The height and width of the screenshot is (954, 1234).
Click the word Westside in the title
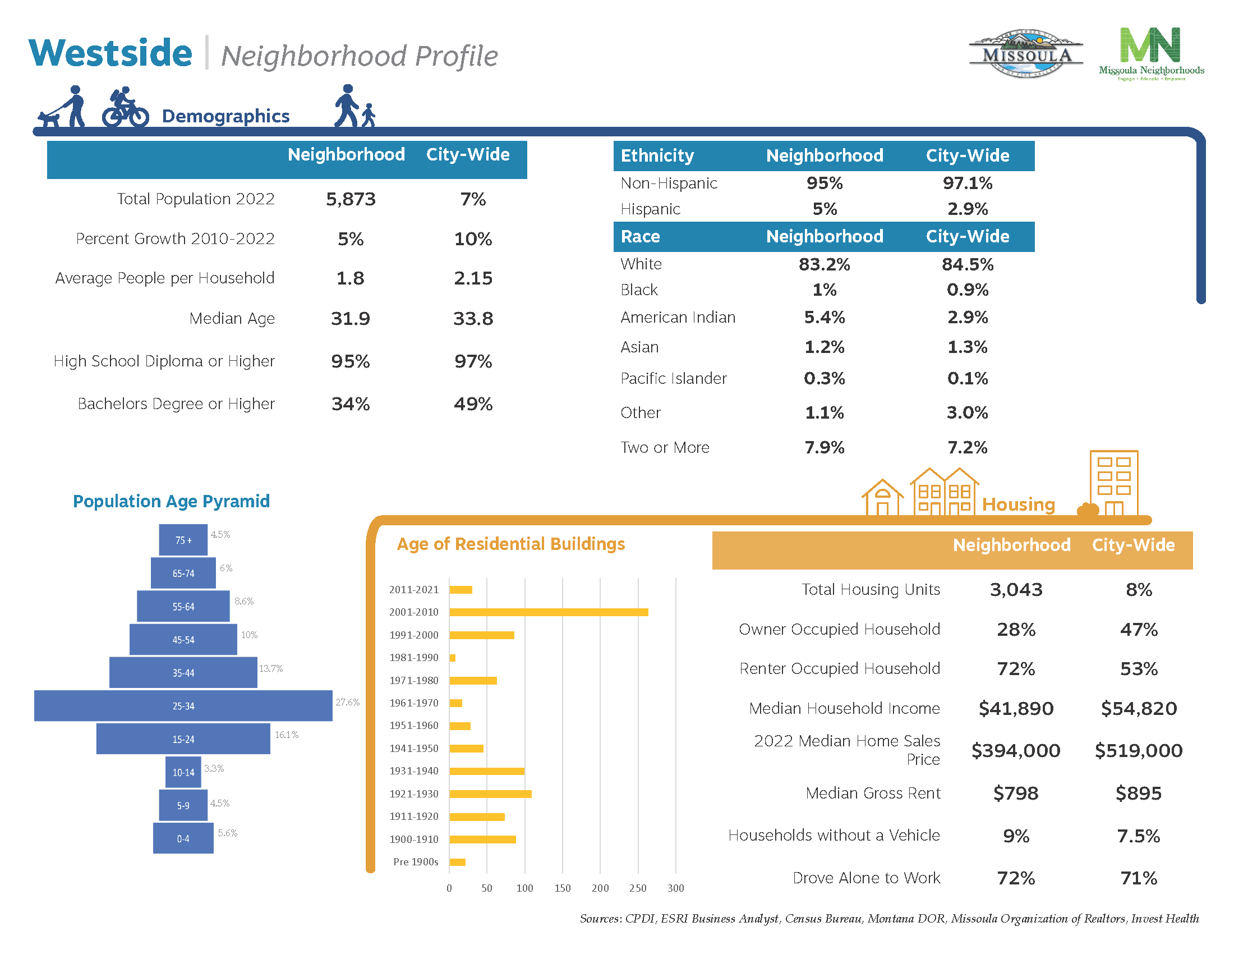(x=110, y=53)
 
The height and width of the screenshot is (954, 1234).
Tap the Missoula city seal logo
(x=1026, y=54)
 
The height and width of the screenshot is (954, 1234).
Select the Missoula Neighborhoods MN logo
(x=1151, y=53)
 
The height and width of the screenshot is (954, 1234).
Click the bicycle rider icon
(x=125, y=107)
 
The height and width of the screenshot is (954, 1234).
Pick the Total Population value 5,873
(x=351, y=199)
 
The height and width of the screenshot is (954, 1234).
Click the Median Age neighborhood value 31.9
(x=351, y=319)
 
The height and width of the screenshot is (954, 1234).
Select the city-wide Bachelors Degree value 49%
(x=473, y=404)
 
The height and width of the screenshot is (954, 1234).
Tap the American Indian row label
(x=678, y=318)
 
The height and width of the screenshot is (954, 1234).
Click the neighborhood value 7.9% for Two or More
(x=824, y=448)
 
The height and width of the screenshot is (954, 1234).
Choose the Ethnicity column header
(x=657, y=155)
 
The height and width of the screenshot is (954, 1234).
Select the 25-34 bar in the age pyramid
(x=183, y=706)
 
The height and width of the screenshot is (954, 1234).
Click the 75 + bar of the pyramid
(x=183, y=540)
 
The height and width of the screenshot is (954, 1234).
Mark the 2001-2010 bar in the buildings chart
(x=548, y=612)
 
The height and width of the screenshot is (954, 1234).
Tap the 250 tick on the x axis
(x=638, y=888)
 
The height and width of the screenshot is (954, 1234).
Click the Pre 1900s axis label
(x=415, y=862)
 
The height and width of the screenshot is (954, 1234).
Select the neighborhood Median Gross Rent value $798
(x=1015, y=793)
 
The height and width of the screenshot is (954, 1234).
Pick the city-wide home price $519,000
(x=1138, y=750)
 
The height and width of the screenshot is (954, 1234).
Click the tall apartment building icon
(x=1113, y=483)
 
